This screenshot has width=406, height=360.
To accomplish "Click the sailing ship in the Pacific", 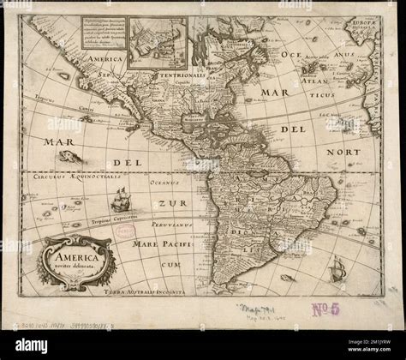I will tap(120, 199).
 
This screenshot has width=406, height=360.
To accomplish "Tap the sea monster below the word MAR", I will tap(71, 155).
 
